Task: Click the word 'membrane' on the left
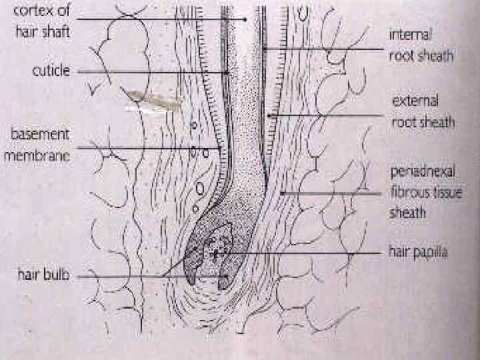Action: tap(41, 154)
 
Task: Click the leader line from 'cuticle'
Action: tap(153, 71)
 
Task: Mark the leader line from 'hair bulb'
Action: tap(133, 277)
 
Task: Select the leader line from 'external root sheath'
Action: tap(327, 115)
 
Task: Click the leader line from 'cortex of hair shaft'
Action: tap(167, 20)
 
